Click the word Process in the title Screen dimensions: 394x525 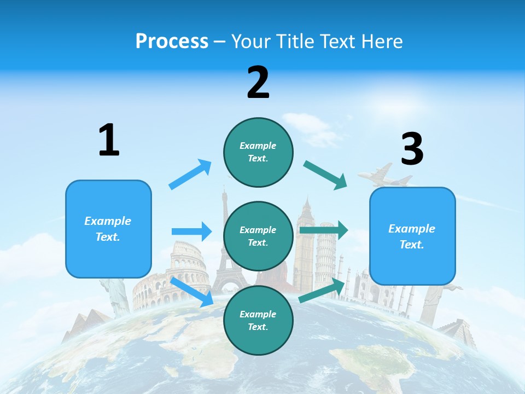coord(172,42)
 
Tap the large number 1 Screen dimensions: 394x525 coord(109,141)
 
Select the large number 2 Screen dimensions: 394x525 coord(258,83)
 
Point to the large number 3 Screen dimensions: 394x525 coord(412,149)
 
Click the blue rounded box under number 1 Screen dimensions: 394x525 coord(108,229)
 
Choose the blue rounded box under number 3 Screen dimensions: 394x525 coord(412,236)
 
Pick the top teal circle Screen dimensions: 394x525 coord(258,152)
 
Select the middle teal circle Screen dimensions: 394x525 coord(258,236)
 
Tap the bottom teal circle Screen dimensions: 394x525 coord(258,320)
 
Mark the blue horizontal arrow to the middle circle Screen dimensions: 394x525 coord(191,231)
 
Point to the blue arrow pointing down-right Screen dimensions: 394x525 coord(191,291)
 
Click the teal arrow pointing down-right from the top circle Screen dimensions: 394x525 coord(325,175)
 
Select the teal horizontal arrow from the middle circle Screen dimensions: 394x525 coord(324,230)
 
